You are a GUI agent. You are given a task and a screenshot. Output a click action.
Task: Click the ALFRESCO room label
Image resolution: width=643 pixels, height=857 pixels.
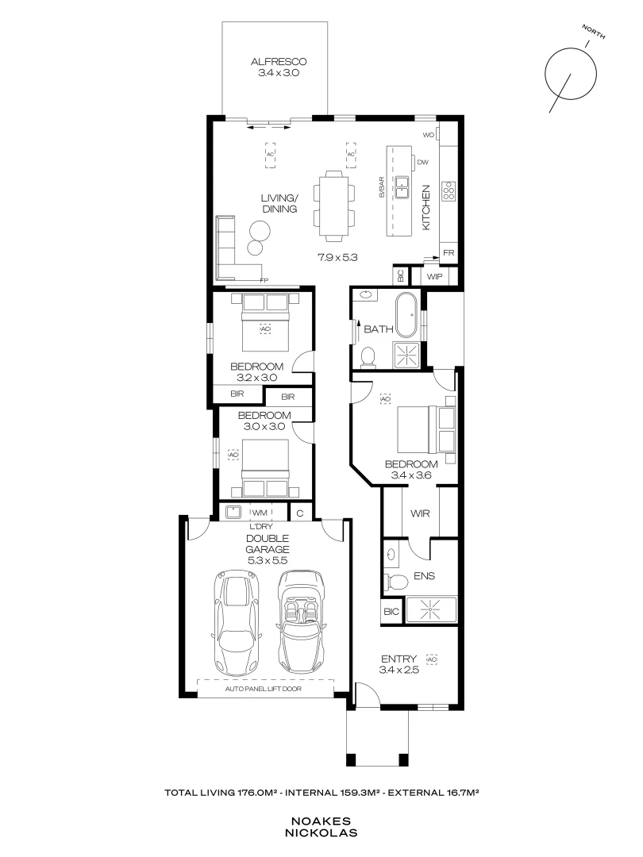click(x=278, y=61)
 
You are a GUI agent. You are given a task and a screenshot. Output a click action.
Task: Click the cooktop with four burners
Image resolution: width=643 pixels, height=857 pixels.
click(x=449, y=190)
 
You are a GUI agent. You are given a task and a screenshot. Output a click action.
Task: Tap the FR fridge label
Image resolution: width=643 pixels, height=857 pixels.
click(x=448, y=253)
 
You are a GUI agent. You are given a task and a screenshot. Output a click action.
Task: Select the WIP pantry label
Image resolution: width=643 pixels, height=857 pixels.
click(x=434, y=276)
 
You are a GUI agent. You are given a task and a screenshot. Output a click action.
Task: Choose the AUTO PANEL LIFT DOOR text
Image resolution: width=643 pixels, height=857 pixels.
click(x=268, y=690)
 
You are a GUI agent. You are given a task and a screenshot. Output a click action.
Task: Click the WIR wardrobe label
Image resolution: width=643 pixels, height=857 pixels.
click(x=420, y=513)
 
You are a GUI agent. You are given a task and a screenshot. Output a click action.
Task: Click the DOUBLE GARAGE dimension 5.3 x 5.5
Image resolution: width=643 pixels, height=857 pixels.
click(x=267, y=559)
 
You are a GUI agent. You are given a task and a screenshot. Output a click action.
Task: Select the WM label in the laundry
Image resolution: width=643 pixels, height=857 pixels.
click(x=258, y=513)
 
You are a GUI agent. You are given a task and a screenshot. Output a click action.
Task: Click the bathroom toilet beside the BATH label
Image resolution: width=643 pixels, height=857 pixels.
click(x=368, y=358)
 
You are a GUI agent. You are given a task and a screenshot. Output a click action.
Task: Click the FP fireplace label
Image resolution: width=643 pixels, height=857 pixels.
click(x=264, y=279)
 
